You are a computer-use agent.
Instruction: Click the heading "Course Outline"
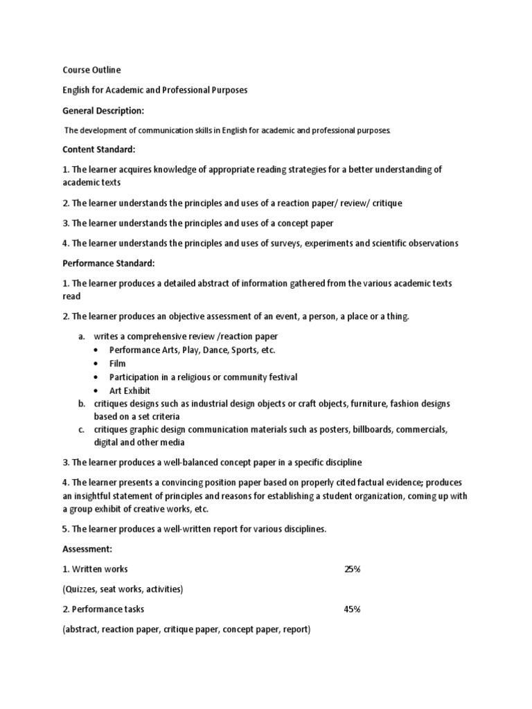click(x=91, y=70)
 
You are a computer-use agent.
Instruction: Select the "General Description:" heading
click(x=104, y=110)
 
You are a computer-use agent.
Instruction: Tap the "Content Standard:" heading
click(x=98, y=150)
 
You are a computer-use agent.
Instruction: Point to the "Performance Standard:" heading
click(x=109, y=263)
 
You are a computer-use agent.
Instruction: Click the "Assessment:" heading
click(x=87, y=549)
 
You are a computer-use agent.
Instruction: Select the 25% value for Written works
click(x=352, y=569)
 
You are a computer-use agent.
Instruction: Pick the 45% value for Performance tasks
click(x=352, y=609)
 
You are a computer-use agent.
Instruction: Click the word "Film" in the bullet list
click(x=118, y=364)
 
